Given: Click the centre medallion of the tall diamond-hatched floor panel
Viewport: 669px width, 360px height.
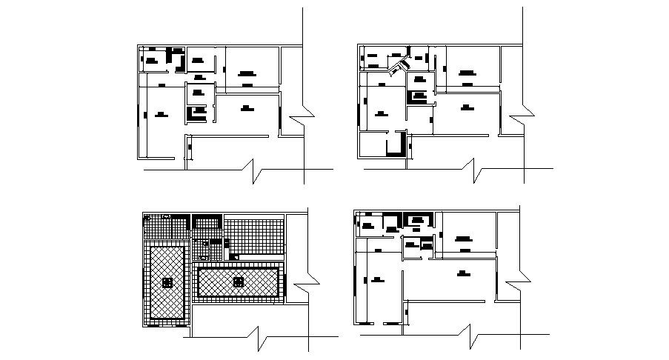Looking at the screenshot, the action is [168, 283].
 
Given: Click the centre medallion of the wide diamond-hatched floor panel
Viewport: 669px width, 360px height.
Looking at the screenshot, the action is [238, 281].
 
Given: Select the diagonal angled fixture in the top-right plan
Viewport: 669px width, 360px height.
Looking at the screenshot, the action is [402, 67].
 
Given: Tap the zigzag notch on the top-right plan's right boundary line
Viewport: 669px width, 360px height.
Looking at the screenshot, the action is [523, 118].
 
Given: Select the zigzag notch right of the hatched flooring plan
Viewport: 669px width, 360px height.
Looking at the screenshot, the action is [304, 287].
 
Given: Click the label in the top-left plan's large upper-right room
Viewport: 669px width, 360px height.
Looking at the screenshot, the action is [247, 73].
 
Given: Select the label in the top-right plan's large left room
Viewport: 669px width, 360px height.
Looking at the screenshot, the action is [381, 113].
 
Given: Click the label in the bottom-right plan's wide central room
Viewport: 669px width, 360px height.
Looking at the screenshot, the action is [464, 273].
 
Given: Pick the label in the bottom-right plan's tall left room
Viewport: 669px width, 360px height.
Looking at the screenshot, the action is [378, 279].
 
